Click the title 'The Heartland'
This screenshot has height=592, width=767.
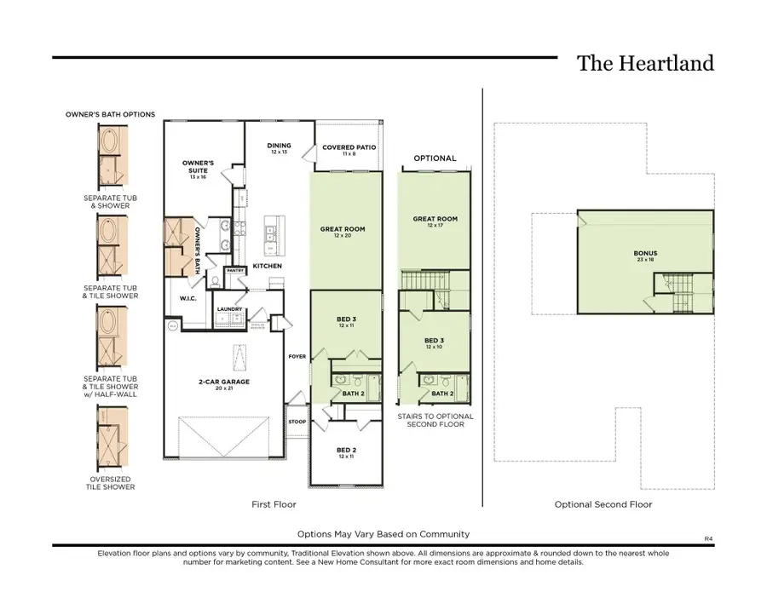(x=645, y=63)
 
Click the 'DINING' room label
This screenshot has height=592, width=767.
(x=279, y=146)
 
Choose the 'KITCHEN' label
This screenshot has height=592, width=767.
(x=267, y=266)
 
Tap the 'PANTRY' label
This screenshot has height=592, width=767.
(x=235, y=271)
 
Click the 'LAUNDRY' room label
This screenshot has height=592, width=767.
(x=229, y=310)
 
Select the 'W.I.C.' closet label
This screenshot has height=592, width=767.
(x=188, y=298)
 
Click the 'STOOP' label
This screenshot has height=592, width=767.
(x=297, y=421)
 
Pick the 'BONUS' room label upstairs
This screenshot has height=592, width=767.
(x=645, y=253)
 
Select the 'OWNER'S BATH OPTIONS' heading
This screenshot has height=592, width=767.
(x=110, y=114)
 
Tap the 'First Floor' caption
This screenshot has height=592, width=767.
(x=274, y=504)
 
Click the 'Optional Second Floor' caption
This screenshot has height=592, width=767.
(x=603, y=504)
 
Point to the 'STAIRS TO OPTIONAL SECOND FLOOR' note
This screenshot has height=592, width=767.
(x=435, y=420)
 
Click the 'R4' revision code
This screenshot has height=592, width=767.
(x=707, y=538)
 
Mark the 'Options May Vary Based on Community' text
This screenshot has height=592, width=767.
(x=383, y=534)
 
